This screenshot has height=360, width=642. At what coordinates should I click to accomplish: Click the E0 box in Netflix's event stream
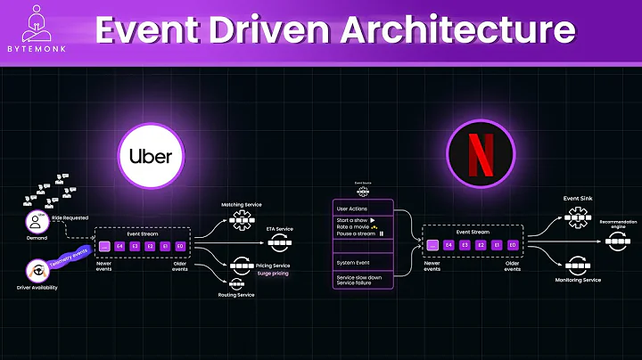coord(514,244)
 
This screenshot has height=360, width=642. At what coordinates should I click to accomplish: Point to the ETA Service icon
coord(279,241)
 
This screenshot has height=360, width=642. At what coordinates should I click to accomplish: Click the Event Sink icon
coord(573,216)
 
